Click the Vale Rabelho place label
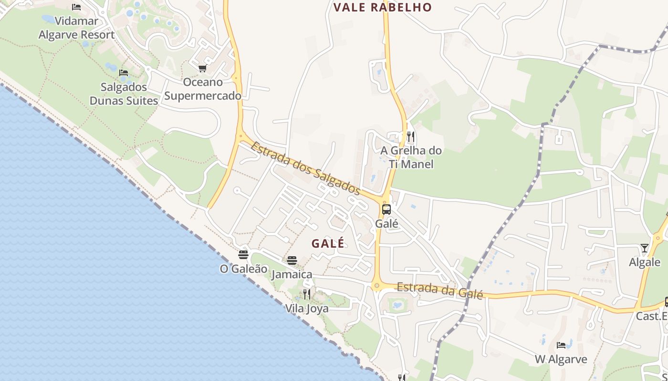[382, 8]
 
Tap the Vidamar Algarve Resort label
[76, 28]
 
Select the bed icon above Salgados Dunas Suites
[124, 73]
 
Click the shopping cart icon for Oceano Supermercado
[202, 69]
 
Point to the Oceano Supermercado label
[203, 89]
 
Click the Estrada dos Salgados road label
[305, 168]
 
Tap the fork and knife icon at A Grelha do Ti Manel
[411, 137]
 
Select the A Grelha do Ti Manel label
[411, 157]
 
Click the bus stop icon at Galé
[386, 209]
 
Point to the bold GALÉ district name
[328, 243]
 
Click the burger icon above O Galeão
[243, 255]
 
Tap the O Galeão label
[243, 269]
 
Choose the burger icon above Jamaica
[292, 261]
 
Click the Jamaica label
[292, 274]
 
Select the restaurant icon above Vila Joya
[307, 294]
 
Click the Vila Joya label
[307, 309]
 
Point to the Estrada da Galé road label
[440, 290]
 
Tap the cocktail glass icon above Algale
[645, 248]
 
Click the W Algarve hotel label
[561, 359]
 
